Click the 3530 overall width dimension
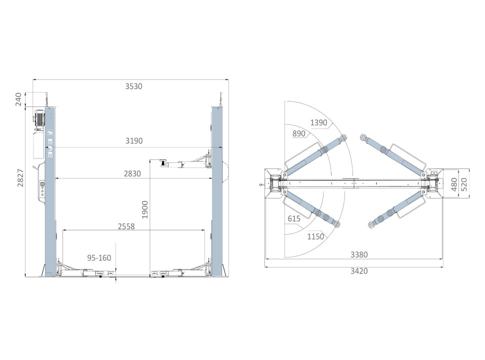point(133,86)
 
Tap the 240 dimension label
point(18,99)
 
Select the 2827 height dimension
point(20,178)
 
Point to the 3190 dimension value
point(134,141)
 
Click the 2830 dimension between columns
point(132,174)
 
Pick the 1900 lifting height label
point(145,209)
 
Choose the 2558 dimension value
point(126,226)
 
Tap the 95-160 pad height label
point(99,258)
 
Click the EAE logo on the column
point(50,144)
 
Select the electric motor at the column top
point(39,120)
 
